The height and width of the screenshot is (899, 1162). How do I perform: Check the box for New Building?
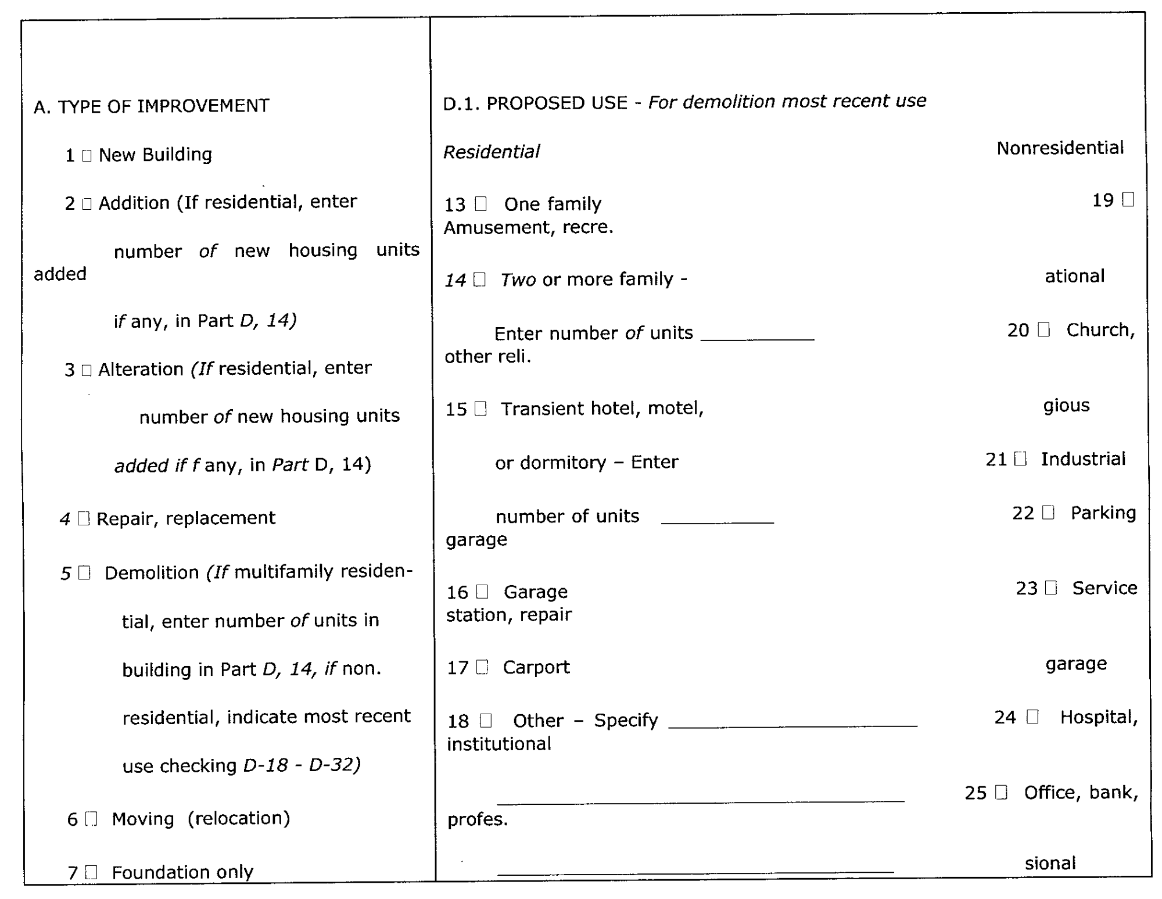click(87, 156)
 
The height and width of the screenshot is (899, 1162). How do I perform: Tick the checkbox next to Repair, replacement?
click(84, 518)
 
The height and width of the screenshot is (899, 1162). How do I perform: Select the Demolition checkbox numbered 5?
click(84, 573)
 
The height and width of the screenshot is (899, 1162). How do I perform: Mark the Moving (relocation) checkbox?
click(91, 819)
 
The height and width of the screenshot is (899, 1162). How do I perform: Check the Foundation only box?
click(91, 872)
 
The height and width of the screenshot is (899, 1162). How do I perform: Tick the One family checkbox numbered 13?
click(480, 204)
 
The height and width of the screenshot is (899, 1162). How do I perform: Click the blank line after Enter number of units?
click(757, 334)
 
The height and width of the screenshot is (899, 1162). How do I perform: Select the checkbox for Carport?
click(482, 667)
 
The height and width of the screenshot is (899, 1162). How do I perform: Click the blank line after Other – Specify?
click(792, 722)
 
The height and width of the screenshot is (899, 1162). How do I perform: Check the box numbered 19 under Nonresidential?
click(1128, 200)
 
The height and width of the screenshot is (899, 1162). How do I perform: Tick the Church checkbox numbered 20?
click(1044, 330)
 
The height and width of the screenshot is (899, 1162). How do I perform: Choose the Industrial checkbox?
click(1020, 459)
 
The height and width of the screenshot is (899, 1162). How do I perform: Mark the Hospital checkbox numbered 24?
click(1032, 717)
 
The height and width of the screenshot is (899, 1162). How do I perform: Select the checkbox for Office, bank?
click(1001, 793)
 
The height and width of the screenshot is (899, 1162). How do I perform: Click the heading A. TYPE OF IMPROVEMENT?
click(152, 106)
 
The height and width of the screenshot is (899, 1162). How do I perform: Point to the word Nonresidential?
click(1060, 148)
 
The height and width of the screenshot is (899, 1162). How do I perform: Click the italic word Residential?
click(492, 152)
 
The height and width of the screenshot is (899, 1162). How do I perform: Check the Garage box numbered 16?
click(482, 592)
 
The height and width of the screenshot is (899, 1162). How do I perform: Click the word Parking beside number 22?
click(1103, 513)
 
